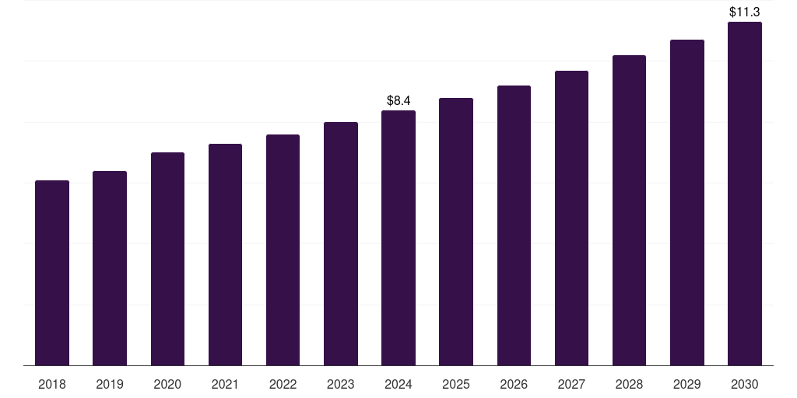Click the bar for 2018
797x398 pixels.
tap(52, 273)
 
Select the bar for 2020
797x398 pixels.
tap(167, 259)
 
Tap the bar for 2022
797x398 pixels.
tap(283, 250)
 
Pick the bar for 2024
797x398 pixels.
tap(398, 238)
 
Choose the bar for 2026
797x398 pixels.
tap(514, 225)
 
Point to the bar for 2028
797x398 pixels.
tap(629, 210)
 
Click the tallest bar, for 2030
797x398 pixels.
tap(745, 194)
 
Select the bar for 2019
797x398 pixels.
tap(110, 268)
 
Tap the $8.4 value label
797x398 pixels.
tap(398, 100)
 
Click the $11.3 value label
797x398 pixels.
tap(745, 12)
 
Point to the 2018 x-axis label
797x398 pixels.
tap(52, 384)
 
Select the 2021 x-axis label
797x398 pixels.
tap(225, 384)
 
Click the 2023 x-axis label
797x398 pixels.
tap(341, 384)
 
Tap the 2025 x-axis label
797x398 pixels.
tap(456, 384)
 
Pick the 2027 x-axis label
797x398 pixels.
tap(571, 384)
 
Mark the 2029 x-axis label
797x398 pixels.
tap(687, 384)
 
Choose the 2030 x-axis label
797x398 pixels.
tap(745, 384)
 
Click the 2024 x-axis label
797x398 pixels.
tap(398, 384)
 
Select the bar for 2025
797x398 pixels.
tap(456, 232)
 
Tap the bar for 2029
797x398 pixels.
tap(687, 202)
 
